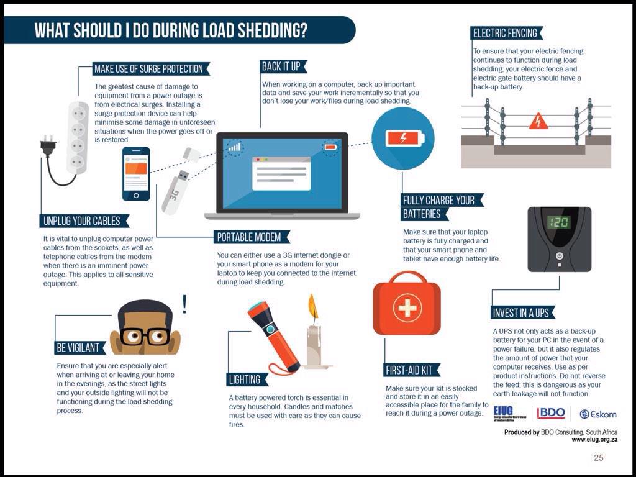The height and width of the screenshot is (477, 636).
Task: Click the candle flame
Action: pos(313,308)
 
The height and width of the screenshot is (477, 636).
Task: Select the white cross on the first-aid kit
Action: pos(407,307)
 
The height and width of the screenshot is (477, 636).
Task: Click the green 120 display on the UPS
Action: pos(558,222)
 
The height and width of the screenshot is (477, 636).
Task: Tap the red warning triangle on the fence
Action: pos(538,121)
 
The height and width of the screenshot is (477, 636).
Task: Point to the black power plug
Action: pos(48,146)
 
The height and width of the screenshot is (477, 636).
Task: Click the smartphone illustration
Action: pos(136,174)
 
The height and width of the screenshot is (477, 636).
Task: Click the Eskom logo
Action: pos(597,414)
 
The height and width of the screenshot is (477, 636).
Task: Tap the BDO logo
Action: pos(551,413)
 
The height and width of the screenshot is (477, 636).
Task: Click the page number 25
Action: pos(598,458)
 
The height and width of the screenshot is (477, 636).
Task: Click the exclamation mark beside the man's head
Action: pos(184,304)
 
